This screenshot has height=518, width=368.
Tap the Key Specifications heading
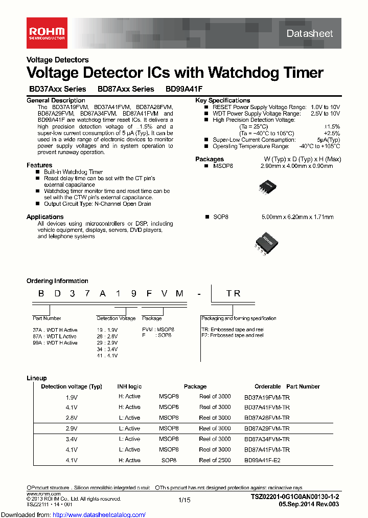point(222,100)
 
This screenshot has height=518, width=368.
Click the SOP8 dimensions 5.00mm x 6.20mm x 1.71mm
point(297,217)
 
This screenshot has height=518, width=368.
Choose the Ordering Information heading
point(57,281)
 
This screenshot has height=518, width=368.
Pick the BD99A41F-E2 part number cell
point(262,460)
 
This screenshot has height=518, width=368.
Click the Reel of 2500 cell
point(215,460)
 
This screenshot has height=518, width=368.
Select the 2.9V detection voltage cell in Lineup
point(72,428)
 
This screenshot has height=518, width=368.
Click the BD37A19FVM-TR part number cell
point(267,396)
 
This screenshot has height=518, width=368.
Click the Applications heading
point(45,217)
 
